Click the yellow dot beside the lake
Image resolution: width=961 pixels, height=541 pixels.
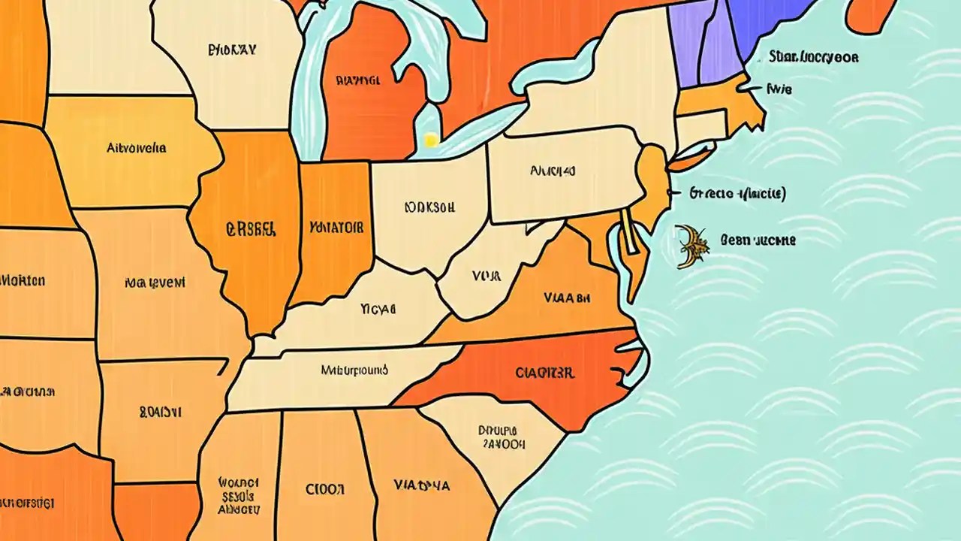pyautogui.click(x=430, y=140)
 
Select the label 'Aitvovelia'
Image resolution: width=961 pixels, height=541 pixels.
pyautogui.click(x=136, y=148)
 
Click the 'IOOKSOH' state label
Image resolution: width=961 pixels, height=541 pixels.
pyautogui.click(x=429, y=207)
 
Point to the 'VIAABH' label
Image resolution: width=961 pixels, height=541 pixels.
pyautogui.click(x=567, y=298)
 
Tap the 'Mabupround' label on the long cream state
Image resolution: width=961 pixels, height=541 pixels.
pyautogui.click(x=354, y=370)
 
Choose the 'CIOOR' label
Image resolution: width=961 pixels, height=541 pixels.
pyautogui.click(x=325, y=489)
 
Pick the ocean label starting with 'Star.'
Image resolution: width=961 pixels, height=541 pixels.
pyautogui.click(x=814, y=57)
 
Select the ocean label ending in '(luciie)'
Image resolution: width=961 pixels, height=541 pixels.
pyautogui.click(x=737, y=194)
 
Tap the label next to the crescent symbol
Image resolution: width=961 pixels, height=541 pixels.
pyautogui.click(x=758, y=240)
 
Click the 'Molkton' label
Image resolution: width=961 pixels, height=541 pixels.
pyautogui.click(x=23, y=281)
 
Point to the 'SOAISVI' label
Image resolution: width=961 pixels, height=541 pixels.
pyautogui.click(x=160, y=412)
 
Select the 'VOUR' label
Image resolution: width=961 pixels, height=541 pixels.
pyautogui.click(x=486, y=277)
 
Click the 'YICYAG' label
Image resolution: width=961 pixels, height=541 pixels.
pyautogui.click(x=378, y=309)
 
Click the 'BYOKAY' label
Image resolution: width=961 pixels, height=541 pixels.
pyautogui.click(x=232, y=50)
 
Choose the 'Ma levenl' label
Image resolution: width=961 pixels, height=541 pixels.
pyautogui.click(x=155, y=283)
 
